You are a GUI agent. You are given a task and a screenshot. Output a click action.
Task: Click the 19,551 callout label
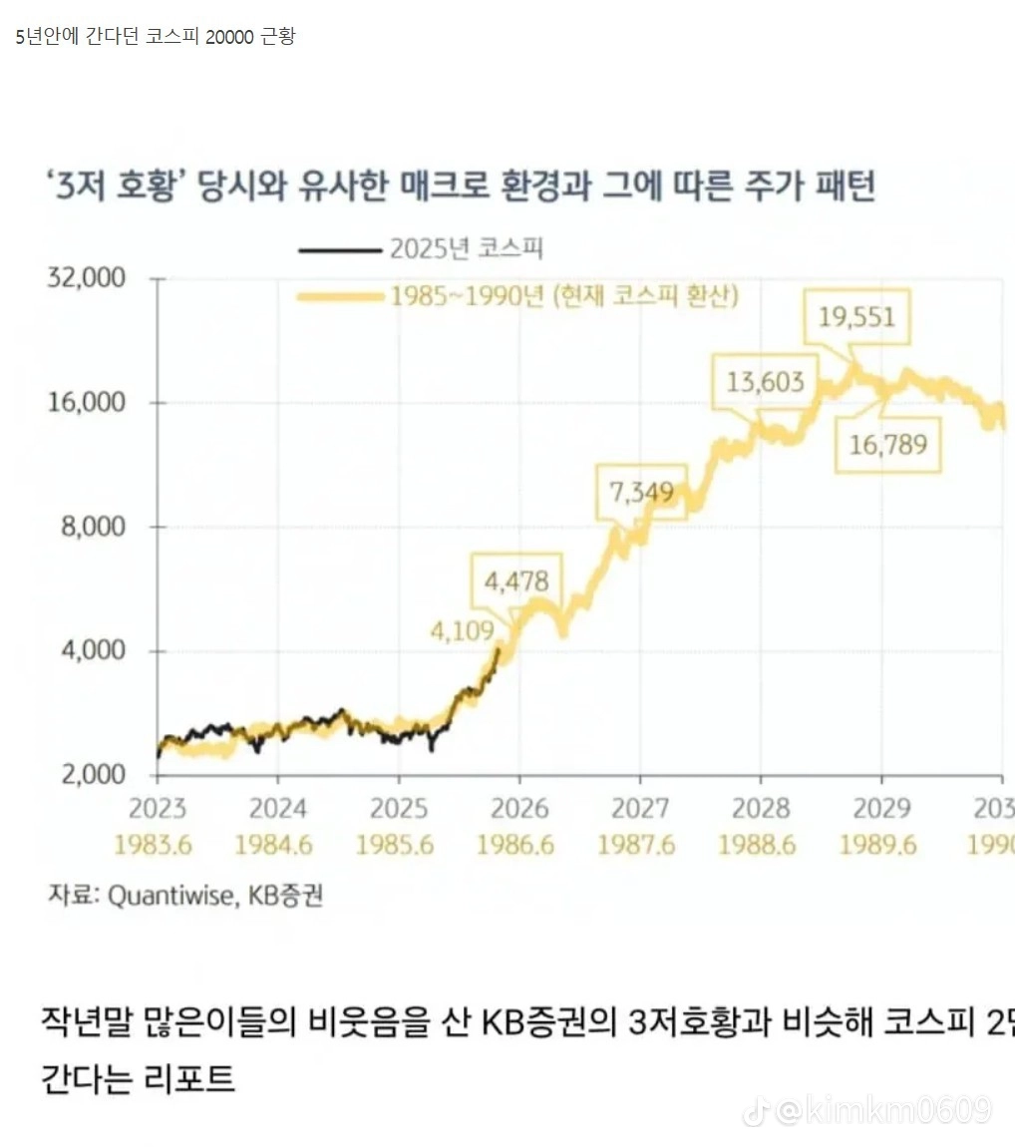(x=856, y=317)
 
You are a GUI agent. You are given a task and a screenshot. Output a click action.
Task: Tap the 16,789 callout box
(x=887, y=442)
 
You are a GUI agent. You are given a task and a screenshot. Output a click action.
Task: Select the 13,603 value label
(x=765, y=382)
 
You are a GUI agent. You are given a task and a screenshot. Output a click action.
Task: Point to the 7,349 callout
(x=641, y=492)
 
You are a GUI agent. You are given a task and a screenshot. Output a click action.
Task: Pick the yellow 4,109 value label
(x=462, y=630)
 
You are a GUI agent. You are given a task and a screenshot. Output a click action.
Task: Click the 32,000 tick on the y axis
(x=88, y=277)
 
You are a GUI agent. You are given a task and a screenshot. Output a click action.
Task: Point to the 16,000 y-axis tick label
(x=88, y=402)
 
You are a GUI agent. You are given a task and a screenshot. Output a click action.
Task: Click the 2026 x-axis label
(x=518, y=808)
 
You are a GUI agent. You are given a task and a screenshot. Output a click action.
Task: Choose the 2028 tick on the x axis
(x=760, y=808)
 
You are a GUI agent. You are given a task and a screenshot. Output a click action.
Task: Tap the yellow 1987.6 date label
(x=636, y=845)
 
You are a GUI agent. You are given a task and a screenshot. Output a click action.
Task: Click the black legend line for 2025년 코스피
(x=340, y=249)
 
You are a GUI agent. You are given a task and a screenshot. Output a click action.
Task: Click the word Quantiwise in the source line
(x=170, y=895)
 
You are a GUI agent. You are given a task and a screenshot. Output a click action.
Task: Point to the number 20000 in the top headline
(x=230, y=37)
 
